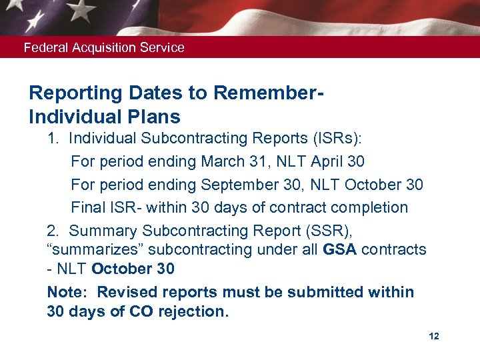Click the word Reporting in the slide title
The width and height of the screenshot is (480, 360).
[x=71, y=93]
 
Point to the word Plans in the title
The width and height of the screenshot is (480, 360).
[x=155, y=117]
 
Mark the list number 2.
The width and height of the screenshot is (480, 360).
[x=53, y=231]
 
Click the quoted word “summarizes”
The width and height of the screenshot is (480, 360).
[x=87, y=249]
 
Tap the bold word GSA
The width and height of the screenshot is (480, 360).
[x=341, y=249]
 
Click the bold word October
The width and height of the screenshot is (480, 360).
[x=122, y=269]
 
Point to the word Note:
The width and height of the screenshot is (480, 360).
[x=66, y=292]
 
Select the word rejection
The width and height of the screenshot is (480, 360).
[x=193, y=311]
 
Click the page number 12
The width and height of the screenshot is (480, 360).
[x=434, y=337]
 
